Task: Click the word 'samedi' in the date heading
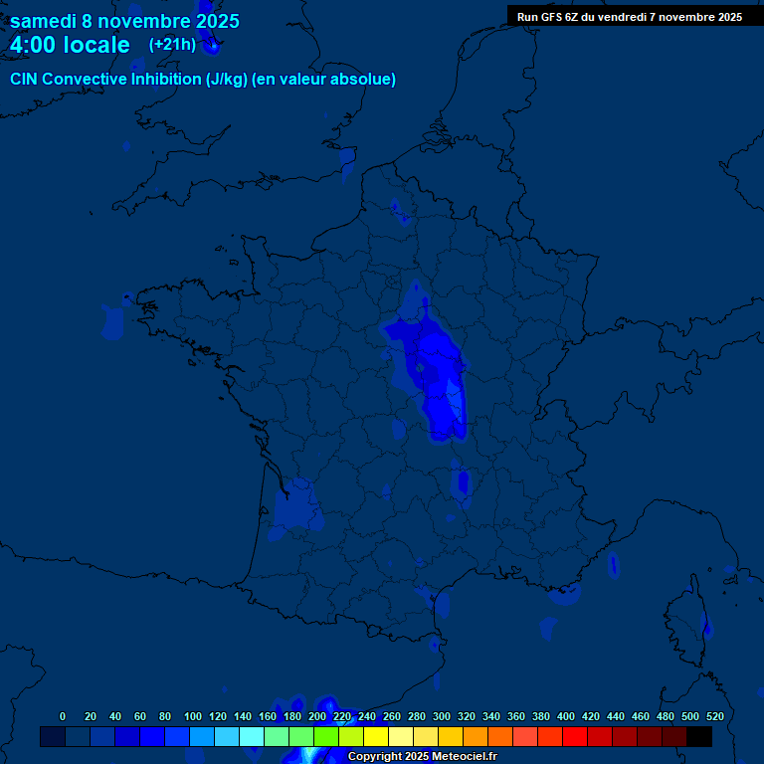[x=42, y=21]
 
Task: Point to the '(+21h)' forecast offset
[x=172, y=45]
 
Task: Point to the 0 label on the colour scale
[x=63, y=716]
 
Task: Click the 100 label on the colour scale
[x=193, y=716]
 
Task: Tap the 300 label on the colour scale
[x=442, y=716]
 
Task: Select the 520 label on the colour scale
[x=714, y=716]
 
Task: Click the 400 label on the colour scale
[x=566, y=716]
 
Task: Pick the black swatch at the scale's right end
[x=699, y=736]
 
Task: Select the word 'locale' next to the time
[x=95, y=45]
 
